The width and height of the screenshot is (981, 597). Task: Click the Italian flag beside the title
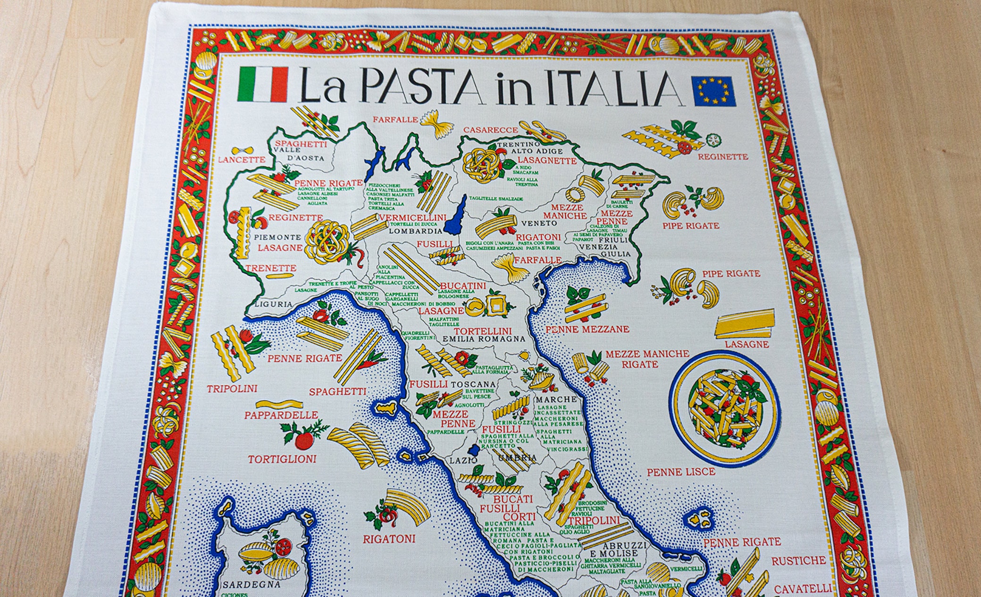click(x=263, y=84)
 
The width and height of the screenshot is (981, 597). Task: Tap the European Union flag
click(x=713, y=91)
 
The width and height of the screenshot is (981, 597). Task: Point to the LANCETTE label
click(x=241, y=160)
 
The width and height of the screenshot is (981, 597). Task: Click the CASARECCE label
click(x=490, y=130)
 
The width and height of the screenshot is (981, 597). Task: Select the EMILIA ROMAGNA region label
click(x=484, y=339)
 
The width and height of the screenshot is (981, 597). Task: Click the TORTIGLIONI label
click(x=282, y=459)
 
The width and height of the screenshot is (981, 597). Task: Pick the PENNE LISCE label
click(x=680, y=472)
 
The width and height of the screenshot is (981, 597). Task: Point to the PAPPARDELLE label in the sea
click(x=281, y=415)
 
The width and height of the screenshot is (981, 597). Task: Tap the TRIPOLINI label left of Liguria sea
click(x=232, y=389)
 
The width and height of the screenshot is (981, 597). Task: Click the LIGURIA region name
click(x=273, y=304)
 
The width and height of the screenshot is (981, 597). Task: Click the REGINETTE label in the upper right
click(x=722, y=157)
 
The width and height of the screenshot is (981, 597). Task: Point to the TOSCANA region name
click(x=472, y=384)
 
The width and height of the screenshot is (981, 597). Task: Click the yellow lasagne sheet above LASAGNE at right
click(x=745, y=323)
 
